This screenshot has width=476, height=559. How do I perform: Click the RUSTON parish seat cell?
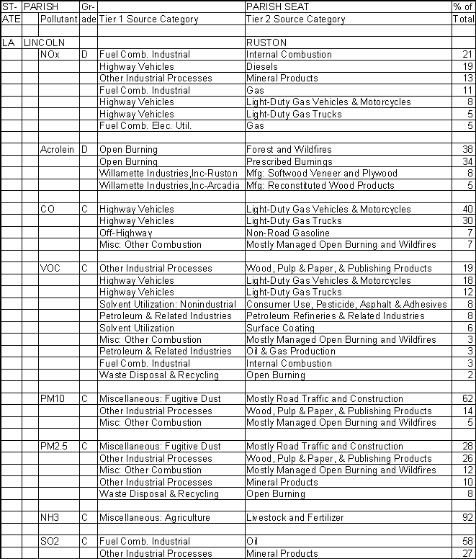coord(266,43)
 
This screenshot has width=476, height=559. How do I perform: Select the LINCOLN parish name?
coord(44,43)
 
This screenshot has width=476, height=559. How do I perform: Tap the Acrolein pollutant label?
coord(58,150)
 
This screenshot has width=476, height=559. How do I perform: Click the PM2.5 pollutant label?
coord(55,447)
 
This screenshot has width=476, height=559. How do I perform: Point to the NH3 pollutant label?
coord(50,518)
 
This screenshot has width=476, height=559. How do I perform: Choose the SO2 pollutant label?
coord(50,542)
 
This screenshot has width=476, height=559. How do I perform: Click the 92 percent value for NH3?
coord(465,518)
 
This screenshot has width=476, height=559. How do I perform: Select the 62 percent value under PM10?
coord(465,399)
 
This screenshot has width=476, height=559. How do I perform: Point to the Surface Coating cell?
coord(280,328)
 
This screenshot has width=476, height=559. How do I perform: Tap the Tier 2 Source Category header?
coord(296,19)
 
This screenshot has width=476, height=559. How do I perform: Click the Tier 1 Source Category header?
coord(148,19)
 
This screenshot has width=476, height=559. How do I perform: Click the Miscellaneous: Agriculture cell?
coord(155,518)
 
